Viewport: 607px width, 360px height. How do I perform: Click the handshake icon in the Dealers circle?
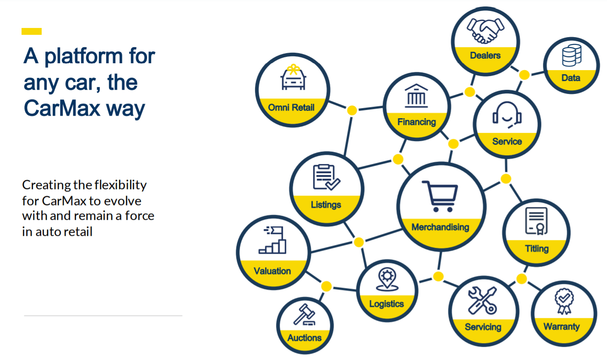pyautogui.click(x=484, y=31)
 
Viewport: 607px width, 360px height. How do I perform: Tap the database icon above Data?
pyautogui.click(x=571, y=55)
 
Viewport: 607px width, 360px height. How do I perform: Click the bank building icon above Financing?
pyautogui.click(x=416, y=96)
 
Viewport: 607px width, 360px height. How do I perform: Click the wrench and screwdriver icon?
pyautogui.click(x=482, y=300)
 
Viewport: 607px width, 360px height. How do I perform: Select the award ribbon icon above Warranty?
pyautogui.click(x=563, y=301)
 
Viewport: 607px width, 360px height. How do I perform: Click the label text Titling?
pyautogui.click(x=537, y=249)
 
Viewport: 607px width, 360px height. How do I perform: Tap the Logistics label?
pyautogui.click(x=386, y=304)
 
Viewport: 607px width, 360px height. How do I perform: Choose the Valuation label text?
pyautogui.click(x=272, y=271)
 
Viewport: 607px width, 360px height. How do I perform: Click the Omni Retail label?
pyautogui.click(x=292, y=108)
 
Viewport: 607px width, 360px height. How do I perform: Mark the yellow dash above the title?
pyautogui.click(x=32, y=32)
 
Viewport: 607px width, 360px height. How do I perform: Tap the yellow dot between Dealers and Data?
pyautogui.click(x=525, y=74)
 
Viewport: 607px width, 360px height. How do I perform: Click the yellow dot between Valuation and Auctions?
pyautogui.click(x=326, y=286)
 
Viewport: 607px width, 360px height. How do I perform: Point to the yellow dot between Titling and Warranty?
pyautogui.click(x=521, y=278)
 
